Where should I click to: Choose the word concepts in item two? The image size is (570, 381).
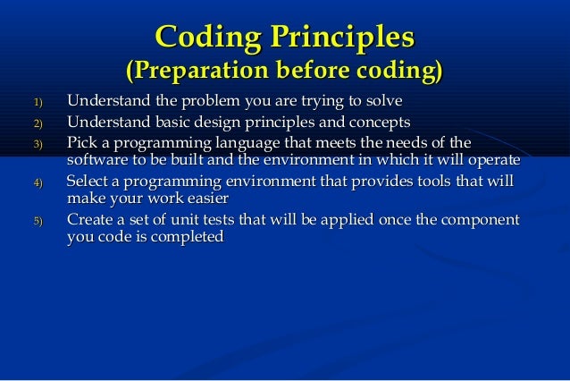(379, 122)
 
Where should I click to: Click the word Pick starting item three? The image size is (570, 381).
(83, 143)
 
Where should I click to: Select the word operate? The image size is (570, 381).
(491, 160)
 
